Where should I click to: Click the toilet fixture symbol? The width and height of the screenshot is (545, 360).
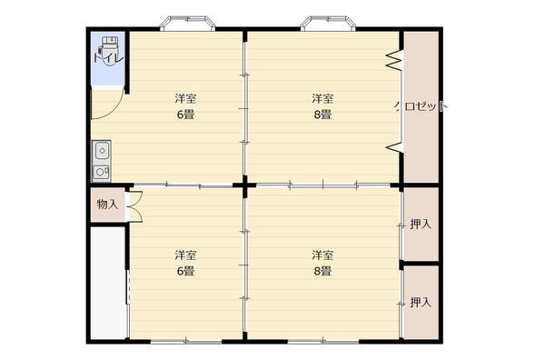(x=110, y=50)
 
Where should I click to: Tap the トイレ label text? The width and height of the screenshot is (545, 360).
(x=108, y=57)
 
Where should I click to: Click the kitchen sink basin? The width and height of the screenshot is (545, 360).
(x=102, y=151)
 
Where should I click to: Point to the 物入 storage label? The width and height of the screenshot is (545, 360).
(x=107, y=205)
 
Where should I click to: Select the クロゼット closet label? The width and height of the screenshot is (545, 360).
(x=421, y=106)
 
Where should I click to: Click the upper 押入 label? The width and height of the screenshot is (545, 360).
(x=421, y=225)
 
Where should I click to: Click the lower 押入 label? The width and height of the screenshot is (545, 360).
(x=421, y=302)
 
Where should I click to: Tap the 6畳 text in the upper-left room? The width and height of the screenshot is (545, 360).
(x=185, y=115)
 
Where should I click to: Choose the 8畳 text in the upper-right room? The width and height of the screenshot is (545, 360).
(x=322, y=115)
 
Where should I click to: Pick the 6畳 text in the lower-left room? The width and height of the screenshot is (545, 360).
(x=185, y=271)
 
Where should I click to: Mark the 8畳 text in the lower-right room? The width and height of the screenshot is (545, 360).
(x=322, y=271)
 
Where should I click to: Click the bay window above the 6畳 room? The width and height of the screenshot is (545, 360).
(x=188, y=23)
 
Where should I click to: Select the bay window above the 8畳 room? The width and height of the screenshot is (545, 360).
(x=328, y=23)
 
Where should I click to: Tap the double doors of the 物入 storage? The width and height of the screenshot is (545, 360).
(x=135, y=206)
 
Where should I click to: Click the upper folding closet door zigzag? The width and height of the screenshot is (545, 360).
(x=394, y=60)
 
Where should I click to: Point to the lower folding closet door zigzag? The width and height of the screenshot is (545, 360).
(x=394, y=147)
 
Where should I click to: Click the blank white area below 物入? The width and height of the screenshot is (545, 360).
(x=108, y=283)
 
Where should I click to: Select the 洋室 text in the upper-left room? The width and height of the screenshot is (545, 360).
(x=185, y=99)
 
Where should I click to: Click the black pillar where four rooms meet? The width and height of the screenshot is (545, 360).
(x=245, y=185)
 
